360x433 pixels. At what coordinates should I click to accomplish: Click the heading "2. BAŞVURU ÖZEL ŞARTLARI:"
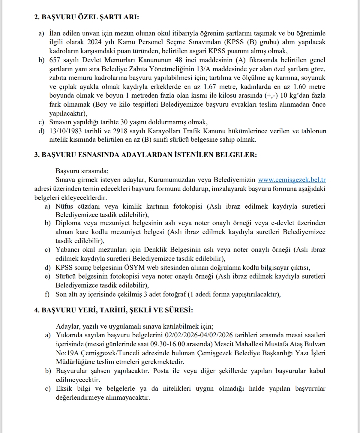tap(87, 17)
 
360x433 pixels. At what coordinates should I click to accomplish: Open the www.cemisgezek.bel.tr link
tap(292, 180)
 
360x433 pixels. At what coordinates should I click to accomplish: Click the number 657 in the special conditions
tap(55, 60)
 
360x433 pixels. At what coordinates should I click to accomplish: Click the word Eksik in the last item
tap(64, 388)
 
